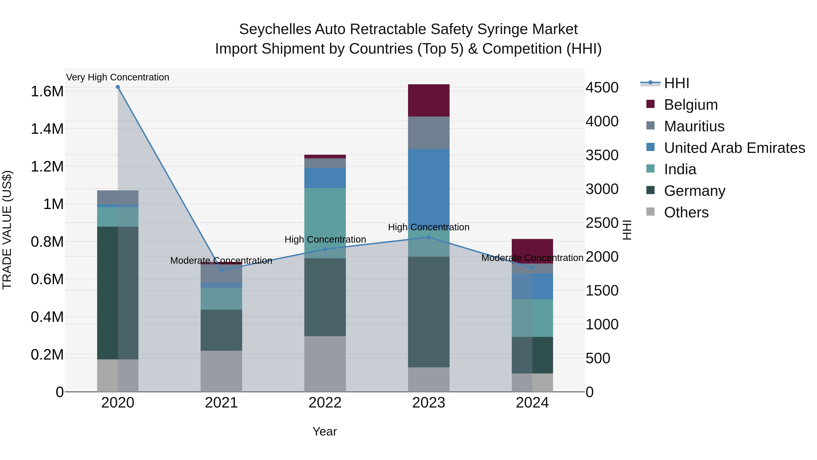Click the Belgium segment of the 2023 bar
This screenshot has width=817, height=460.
pos(428,100)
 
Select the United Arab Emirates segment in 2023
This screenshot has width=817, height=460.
pos(428,187)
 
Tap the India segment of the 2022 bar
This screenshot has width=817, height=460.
pos(325,219)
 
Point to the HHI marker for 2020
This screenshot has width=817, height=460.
pos(118,87)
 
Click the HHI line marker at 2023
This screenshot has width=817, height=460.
pos(428,237)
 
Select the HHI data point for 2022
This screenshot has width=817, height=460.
pos(325,249)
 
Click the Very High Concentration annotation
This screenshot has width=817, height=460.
pos(118,77)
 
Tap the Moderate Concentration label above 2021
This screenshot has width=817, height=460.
pos(221,261)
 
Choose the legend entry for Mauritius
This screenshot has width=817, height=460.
pos(694,126)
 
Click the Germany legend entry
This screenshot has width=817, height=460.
pos(695,191)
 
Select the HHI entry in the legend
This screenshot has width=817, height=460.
pos(676,83)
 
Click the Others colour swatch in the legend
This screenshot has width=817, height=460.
pos(650,212)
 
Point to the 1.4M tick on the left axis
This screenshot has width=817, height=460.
pos(47,129)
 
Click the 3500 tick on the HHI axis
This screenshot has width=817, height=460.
pos(602,155)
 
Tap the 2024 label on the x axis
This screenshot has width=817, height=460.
pos(532,403)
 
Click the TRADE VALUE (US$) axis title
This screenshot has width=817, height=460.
pos(7,230)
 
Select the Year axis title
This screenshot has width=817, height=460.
pos(325,431)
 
